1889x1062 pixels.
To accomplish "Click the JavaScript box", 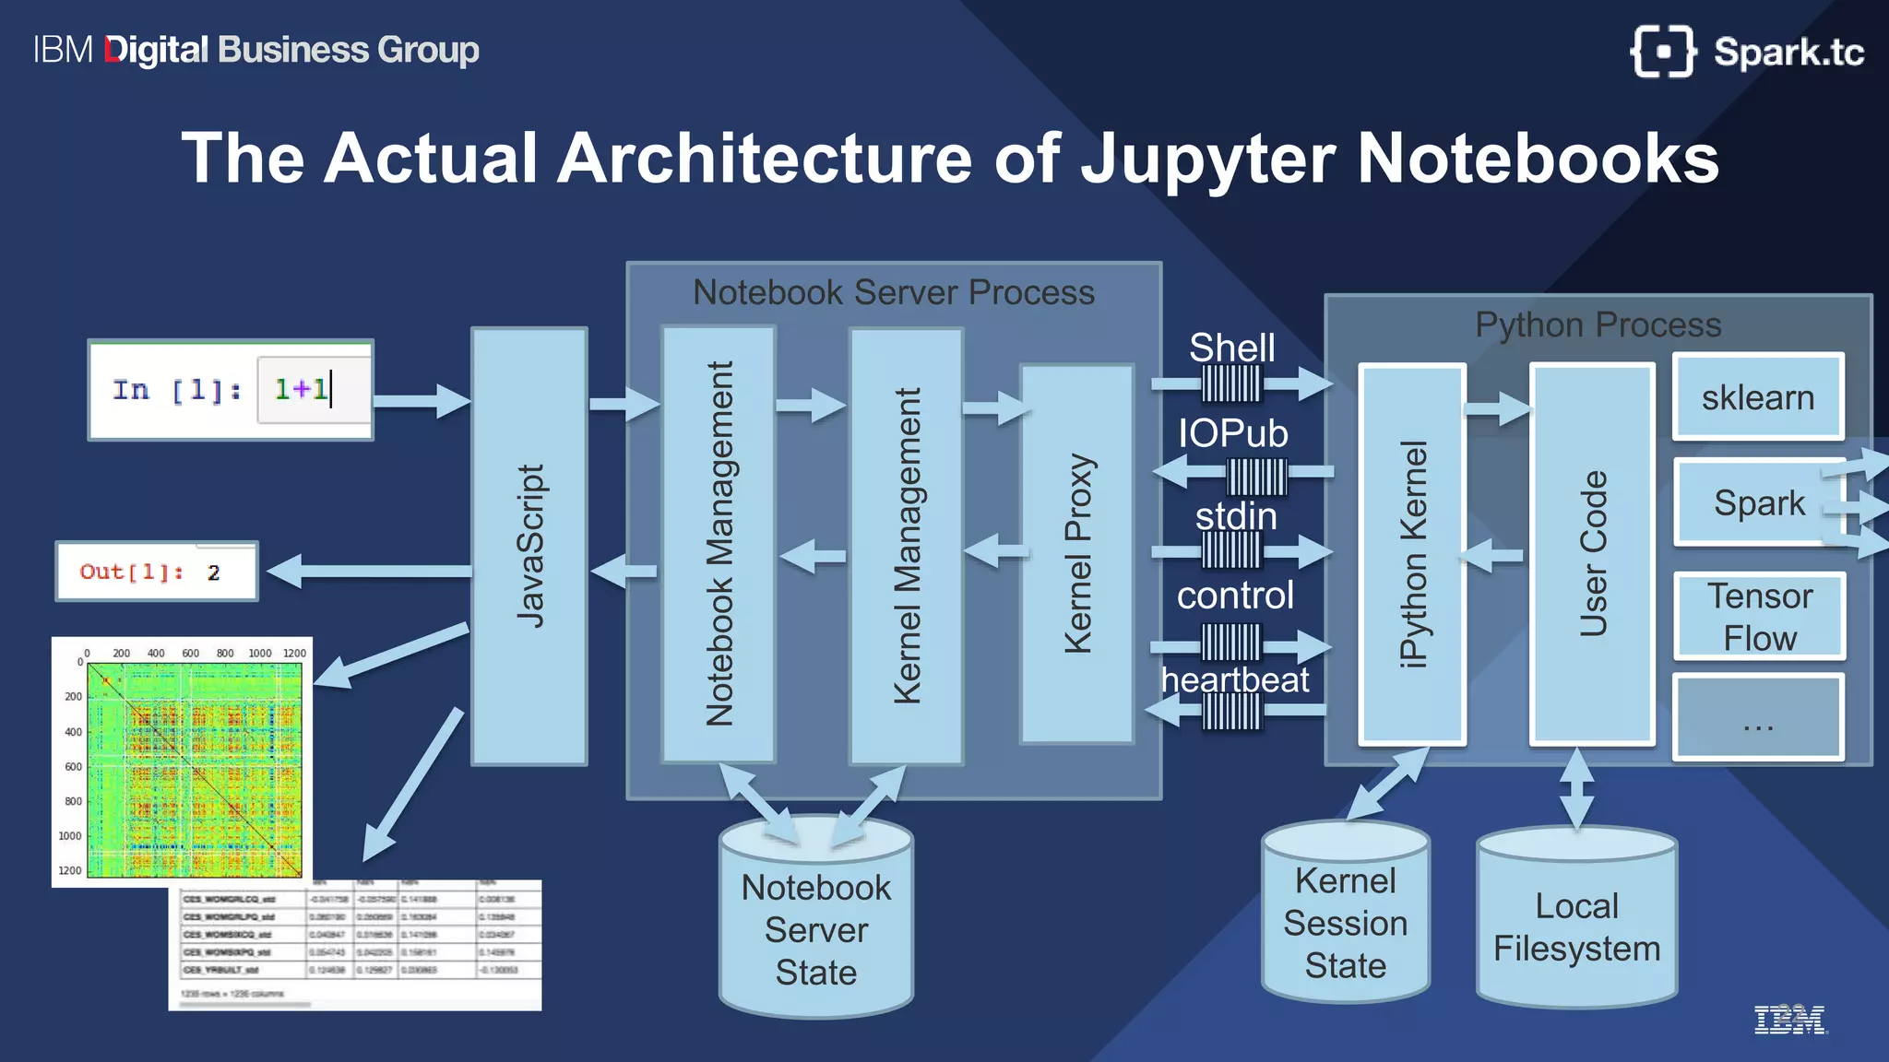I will point(529,546).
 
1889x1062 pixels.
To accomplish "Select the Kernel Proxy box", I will point(1076,553).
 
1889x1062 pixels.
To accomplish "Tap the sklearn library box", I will point(1758,397).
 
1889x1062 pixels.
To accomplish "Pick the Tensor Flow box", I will point(1759,617).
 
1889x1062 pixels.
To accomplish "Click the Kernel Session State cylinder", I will point(1345,922).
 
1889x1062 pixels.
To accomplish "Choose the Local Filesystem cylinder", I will point(1576,926).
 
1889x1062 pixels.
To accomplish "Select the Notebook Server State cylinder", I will point(815,929).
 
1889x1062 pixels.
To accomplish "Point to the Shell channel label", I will point(1231,348).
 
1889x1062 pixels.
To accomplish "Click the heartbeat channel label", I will point(1235,680).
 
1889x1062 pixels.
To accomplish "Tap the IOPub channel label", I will point(1233,433).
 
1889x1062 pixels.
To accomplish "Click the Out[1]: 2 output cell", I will point(157,572).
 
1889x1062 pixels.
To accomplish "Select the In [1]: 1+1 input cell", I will point(231,390).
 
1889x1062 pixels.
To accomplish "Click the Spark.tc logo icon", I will point(1663,52).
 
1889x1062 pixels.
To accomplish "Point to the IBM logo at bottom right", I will point(1788,1020).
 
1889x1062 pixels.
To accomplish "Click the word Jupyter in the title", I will point(1207,159).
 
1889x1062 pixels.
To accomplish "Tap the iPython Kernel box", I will point(1412,553).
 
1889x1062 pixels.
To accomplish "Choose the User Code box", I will point(1592,553).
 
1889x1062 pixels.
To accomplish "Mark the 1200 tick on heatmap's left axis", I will point(70,870).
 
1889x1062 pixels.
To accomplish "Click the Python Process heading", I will point(1598,324).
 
